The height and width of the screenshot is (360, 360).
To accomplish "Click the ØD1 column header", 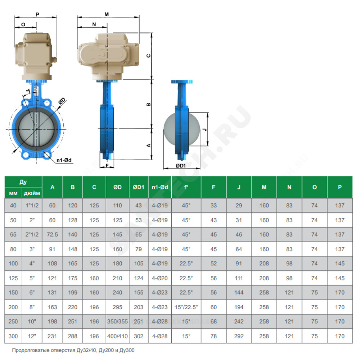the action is pyautogui.click(x=139, y=187).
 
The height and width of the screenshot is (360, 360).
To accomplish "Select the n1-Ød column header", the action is pyautogui.click(x=160, y=187).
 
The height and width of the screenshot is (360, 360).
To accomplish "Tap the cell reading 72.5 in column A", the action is pyautogui.click(x=52, y=234).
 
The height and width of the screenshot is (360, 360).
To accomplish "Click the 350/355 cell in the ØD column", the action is pyautogui.click(x=117, y=321).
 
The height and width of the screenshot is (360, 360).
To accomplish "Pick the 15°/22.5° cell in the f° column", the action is pyautogui.click(x=186, y=307).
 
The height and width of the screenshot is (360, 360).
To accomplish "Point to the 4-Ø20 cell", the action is pyautogui.click(x=160, y=278).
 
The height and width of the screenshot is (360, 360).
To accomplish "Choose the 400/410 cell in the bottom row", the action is pyautogui.click(x=117, y=336).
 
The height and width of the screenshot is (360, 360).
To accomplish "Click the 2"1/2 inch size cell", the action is pyautogui.click(x=32, y=234).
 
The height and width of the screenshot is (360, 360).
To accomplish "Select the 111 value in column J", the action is pyautogui.click(x=239, y=278).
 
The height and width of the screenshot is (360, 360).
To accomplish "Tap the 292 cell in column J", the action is pyautogui.click(x=239, y=336).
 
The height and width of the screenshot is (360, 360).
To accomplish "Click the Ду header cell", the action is pyautogui.click(x=23, y=182).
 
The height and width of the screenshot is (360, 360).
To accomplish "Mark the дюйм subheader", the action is pyautogui.click(x=32, y=193).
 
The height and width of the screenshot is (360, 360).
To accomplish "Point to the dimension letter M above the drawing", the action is pyautogui.click(x=107, y=14).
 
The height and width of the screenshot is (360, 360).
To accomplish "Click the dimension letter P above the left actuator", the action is pyautogui.click(x=37, y=14).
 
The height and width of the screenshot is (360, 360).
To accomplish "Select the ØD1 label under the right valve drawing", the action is pyautogui.click(x=181, y=166).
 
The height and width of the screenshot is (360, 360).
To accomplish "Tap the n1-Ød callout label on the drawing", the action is pyautogui.click(x=64, y=160).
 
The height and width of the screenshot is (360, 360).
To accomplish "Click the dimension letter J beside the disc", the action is pyautogui.click(x=205, y=130).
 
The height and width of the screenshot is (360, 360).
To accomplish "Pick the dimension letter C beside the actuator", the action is pyautogui.click(x=149, y=56).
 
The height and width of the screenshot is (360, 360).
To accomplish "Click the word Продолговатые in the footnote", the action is pyautogui.click(x=29, y=350).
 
